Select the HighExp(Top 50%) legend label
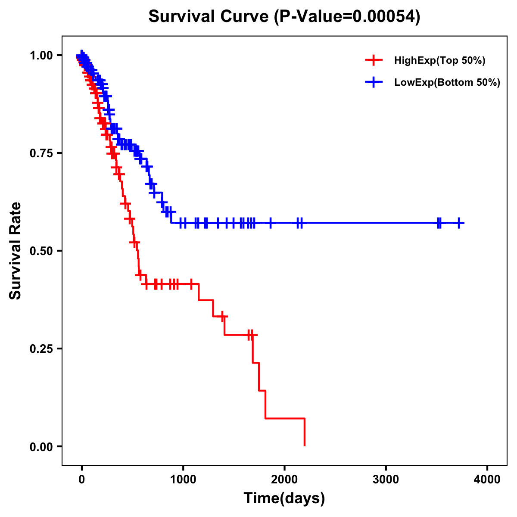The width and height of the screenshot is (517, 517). click(439, 61)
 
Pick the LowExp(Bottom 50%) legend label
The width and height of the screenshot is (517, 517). click(447, 82)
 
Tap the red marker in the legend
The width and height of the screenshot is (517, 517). click(374, 61)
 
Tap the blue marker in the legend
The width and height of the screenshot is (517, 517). click(374, 82)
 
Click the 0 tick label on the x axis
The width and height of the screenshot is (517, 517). click(82, 480)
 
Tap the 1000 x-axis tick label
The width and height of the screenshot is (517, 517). click(183, 480)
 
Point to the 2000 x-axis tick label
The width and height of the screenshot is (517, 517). click(284, 480)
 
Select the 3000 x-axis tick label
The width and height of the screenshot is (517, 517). click(386, 480)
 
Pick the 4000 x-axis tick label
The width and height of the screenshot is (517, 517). click(487, 480)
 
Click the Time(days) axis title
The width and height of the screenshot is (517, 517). click(284, 498)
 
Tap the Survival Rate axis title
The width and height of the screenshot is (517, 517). click(16, 251)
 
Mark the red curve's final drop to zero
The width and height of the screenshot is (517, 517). click(305, 432)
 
